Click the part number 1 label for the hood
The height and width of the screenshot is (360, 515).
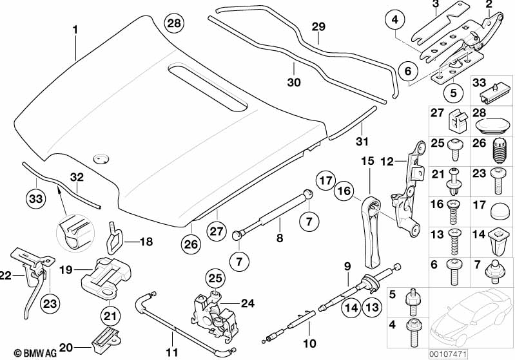(x=75, y=29)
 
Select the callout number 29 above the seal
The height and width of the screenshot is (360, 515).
(x=318, y=26)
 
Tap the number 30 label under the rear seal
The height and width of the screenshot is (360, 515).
(x=294, y=82)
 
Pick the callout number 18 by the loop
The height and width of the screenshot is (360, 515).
(x=146, y=242)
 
